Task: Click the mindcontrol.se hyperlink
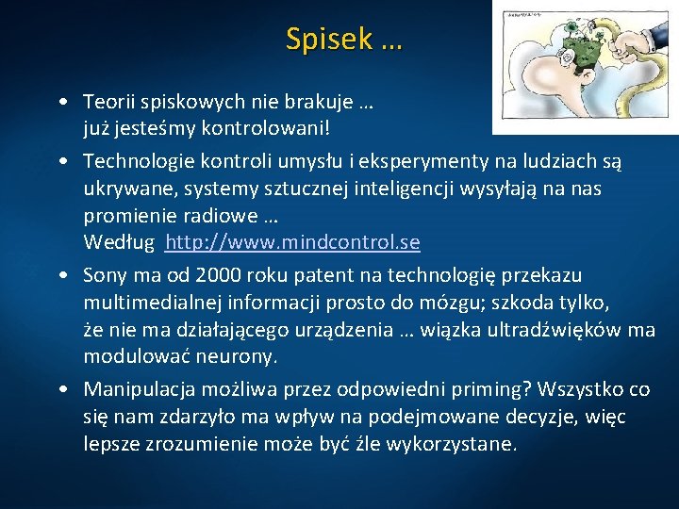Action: click(x=292, y=242)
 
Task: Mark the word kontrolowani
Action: click(x=272, y=125)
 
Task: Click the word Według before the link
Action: click(x=117, y=242)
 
